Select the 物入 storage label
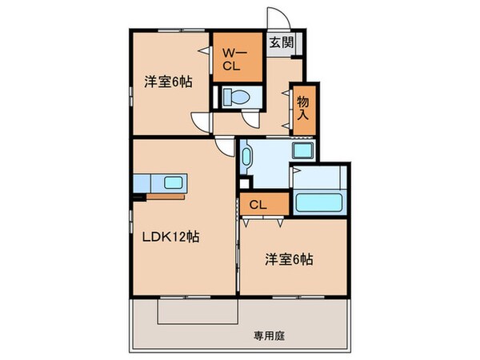(x=303, y=107)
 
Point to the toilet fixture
(x=237, y=98)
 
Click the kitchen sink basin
(x=174, y=182)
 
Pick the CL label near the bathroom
(x=257, y=204)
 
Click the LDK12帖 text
(x=170, y=237)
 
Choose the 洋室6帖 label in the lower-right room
(x=289, y=258)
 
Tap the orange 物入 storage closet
(x=303, y=107)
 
